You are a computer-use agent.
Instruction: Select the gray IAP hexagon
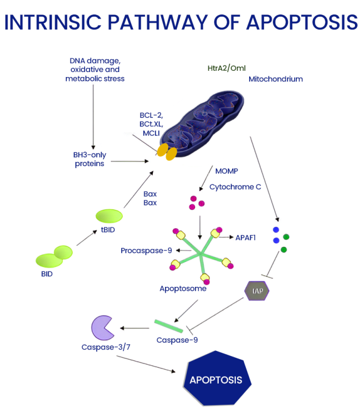click(257, 290)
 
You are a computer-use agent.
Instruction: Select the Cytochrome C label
click(235, 187)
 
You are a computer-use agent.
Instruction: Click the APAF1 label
click(247, 236)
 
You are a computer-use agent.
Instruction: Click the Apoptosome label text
click(183, 288)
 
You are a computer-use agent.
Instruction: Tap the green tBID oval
click(109, 216)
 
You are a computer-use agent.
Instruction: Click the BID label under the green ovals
click(47, 274)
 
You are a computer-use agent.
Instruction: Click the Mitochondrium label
click(275, 79)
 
